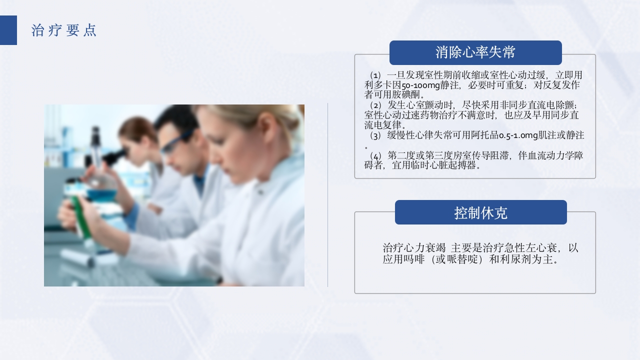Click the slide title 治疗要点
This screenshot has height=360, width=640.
tap(63, 30)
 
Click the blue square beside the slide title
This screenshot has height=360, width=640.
tap(8, 30)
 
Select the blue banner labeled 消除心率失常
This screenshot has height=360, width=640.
tap(475, 52)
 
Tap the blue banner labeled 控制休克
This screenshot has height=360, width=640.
tap(480, 212)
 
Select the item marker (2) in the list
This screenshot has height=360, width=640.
tap(375, 105)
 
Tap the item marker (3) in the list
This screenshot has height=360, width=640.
tap(375, 135)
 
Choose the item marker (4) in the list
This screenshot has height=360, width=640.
tap(375, 156)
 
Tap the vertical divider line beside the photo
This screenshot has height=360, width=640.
tap(328, 195)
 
